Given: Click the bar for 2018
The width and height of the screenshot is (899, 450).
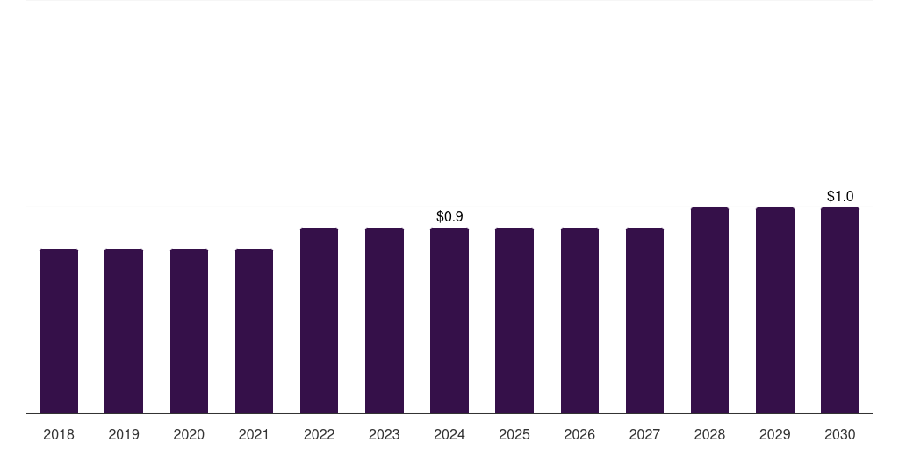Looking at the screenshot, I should (59, 330).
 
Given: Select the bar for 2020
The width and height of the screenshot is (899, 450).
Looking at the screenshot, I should (189, 330).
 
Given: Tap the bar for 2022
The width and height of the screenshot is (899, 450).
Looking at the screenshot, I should (319, 320).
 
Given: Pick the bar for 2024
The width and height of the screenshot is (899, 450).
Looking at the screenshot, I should (449, 320).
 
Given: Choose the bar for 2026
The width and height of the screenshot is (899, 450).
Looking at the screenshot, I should (579, 320).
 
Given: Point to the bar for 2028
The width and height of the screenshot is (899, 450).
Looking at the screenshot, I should (709, 309).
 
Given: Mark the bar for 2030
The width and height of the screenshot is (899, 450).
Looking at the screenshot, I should (840, 309).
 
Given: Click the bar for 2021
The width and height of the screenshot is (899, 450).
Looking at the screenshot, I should (254, 330).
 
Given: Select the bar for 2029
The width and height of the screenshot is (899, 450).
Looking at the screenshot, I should (775, 309).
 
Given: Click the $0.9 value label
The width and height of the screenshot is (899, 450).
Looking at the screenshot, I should (449, 216).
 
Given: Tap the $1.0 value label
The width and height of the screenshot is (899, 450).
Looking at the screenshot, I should (840, 196).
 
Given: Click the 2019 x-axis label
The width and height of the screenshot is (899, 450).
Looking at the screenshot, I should (124, 434).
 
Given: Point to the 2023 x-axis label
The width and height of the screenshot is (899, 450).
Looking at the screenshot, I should (385, 434).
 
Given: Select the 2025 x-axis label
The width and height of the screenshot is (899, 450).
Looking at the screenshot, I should (514, 434).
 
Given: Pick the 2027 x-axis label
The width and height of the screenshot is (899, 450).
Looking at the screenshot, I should (644, 434).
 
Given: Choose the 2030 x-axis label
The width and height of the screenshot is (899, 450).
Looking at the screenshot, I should (840, 434).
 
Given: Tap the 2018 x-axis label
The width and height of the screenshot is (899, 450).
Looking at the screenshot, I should (59, 434).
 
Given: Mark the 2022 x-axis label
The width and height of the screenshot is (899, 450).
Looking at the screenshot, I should (319, 434).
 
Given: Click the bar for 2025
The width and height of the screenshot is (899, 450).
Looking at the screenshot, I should (514, 320).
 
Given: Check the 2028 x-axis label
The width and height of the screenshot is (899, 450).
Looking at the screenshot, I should (709, 434).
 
